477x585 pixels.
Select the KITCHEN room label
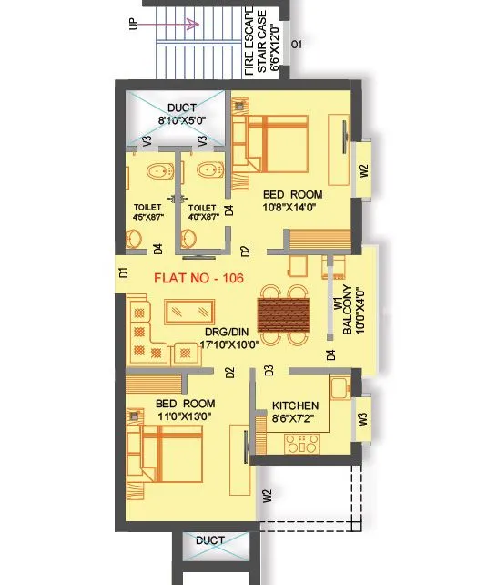296,405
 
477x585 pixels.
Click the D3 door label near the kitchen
269,370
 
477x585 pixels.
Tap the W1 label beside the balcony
335,303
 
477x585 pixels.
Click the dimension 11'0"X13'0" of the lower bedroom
185,416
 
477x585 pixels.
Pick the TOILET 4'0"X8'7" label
202,212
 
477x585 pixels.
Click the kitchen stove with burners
300,445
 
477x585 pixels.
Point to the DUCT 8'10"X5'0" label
181,114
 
